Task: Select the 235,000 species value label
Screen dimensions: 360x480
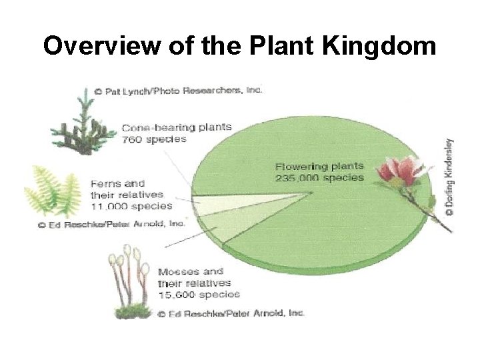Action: pos(320,177)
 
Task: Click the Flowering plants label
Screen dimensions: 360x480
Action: pos(320,166)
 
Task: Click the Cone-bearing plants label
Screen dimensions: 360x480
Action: pos(177,127)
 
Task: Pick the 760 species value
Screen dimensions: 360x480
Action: pos(154,139)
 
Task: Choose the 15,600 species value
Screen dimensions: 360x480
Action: pos(199,293)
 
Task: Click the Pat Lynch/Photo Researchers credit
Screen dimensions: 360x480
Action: pos(179,90)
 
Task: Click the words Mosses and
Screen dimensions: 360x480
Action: pos(189,272)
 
